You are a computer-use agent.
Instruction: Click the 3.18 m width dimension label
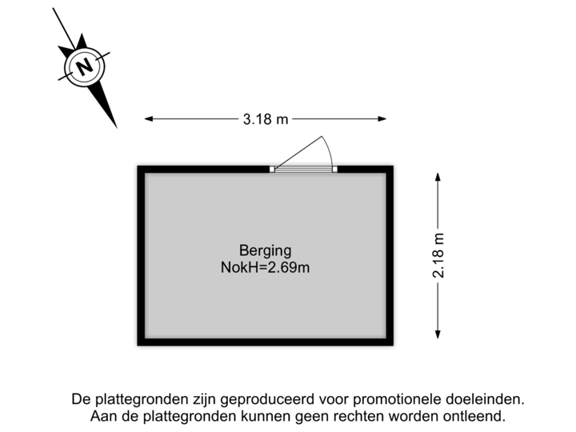click(265, 119)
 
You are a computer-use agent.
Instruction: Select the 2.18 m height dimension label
click(438, 254)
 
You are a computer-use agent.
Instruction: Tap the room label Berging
click(265, 249)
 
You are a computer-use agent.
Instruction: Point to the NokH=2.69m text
click(265, 268)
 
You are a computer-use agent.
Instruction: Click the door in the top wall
click(304, 168)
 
